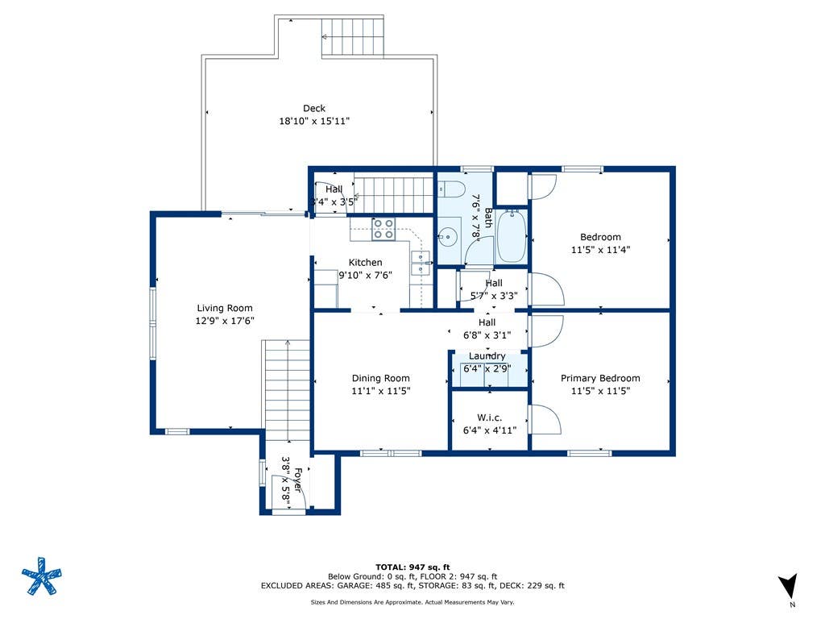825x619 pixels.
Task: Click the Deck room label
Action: tap(314, 109)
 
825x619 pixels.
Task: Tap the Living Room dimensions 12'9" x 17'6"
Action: tap(225, 321)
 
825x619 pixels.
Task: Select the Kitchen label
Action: tap(365, 262)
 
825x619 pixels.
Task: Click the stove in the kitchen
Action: tap(383, 229)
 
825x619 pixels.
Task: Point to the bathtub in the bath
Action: tap(511, 236)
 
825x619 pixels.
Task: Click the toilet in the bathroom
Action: tap(450, 189)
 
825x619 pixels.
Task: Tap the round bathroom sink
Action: tap(447, 238)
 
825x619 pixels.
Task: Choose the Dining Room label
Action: tap(380, 378)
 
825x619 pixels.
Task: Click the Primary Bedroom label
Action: tap(600, 378)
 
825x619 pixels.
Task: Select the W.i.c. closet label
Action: tap(489, 418)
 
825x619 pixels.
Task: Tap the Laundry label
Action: tap(487, 356)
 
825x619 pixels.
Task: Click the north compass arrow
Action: tap(789, 585)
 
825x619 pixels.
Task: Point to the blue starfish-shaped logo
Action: tap(42, 575)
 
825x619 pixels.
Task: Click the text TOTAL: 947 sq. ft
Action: tap(412, 567)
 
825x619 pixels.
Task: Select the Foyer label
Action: tap(298, 480)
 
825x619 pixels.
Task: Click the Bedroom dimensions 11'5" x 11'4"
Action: tap(600, 250)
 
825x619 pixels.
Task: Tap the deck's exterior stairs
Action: tap(353, 37)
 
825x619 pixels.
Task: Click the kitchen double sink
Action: tap(420, 264)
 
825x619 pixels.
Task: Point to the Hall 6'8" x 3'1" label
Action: tap(487, 329)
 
